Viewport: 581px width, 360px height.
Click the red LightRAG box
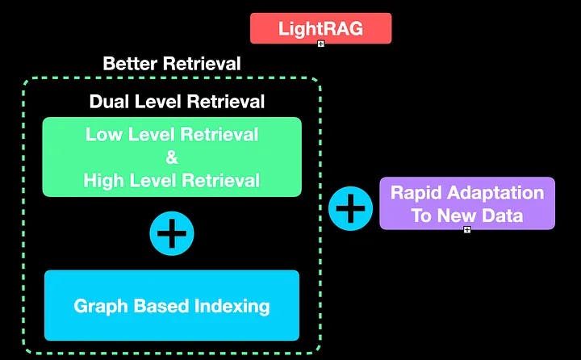320,28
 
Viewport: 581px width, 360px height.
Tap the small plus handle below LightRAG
320,43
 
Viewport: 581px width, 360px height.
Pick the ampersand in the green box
172,157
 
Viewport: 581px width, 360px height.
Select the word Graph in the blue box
98,306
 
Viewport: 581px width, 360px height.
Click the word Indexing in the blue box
235,306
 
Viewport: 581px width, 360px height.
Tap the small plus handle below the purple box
466,229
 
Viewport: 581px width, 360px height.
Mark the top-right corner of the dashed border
320,80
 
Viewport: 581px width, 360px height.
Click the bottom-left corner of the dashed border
25,350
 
